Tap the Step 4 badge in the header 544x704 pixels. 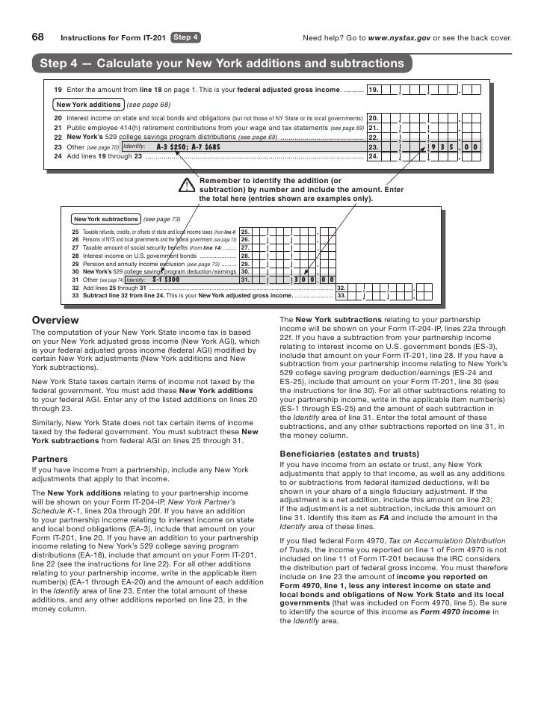click(185, 37)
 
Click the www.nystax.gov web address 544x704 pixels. click(400, 37)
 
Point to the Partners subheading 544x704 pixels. click(53, 458)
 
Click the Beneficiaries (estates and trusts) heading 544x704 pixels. click(349, 454)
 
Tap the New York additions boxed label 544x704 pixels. click(89, 105)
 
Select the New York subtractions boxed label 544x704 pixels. click(106, 219)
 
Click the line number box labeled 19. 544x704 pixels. click(374, 90)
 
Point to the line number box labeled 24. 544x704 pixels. click(374, 157)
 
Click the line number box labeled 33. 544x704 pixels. click(341, 296)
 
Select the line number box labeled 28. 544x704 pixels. click(245, 256)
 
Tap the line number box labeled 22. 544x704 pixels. click(374, 138)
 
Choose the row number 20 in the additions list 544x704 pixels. click(58, 118)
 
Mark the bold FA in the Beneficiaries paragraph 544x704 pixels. click(385, 518)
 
